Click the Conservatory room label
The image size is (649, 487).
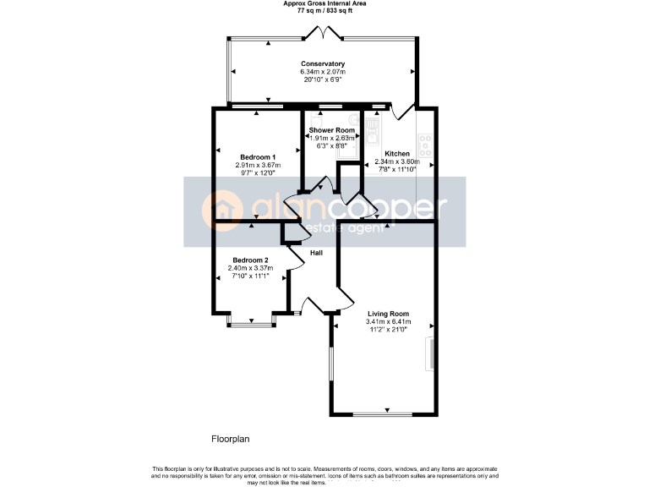(x=323, y=64)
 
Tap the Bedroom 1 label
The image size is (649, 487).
(x=258, y=157)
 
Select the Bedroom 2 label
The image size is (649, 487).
(x=250, y=260)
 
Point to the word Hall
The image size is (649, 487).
(x=315, y=253)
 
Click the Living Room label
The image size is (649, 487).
(x=388, y=314)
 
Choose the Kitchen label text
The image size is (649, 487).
(x=396, y=154)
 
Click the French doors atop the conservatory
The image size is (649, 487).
(x=323, y=34)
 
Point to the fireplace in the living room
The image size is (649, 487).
(x=428, y=353)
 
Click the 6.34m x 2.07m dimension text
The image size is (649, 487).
(x=323, y=72)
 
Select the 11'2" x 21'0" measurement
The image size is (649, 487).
(x=388, y=329)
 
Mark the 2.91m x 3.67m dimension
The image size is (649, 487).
(x=258, y=165)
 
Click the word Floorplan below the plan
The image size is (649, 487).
(x=230, y=440)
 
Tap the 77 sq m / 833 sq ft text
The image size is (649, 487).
(x=324, y=11)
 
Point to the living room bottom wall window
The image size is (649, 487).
(x=382, y=414)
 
